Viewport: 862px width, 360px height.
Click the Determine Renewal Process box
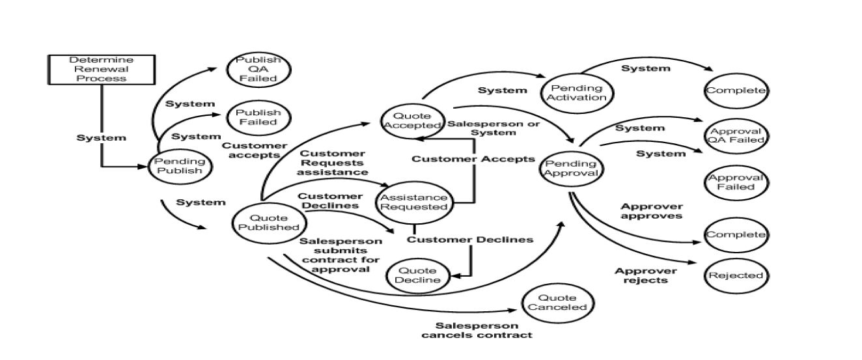tap(102, 69)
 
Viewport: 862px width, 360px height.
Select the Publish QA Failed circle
tap(258, 69)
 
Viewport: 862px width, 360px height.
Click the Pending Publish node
tap(180, 167)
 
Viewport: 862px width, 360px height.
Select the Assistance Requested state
tap(414, 202)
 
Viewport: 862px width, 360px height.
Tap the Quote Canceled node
tap(557, 303)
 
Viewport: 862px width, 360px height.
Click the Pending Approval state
tap(570, 169)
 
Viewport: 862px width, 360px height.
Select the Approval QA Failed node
tap(736, 137)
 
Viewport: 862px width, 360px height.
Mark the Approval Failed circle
tap(737, 182)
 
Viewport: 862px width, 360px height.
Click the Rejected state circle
tap(736, 275)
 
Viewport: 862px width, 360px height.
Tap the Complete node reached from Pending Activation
tap(736, 90)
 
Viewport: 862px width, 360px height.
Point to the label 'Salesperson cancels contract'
tap(477, 330)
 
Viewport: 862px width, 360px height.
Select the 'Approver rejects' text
tap(646, 275)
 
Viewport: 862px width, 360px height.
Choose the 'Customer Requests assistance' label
tap(333, 163)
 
